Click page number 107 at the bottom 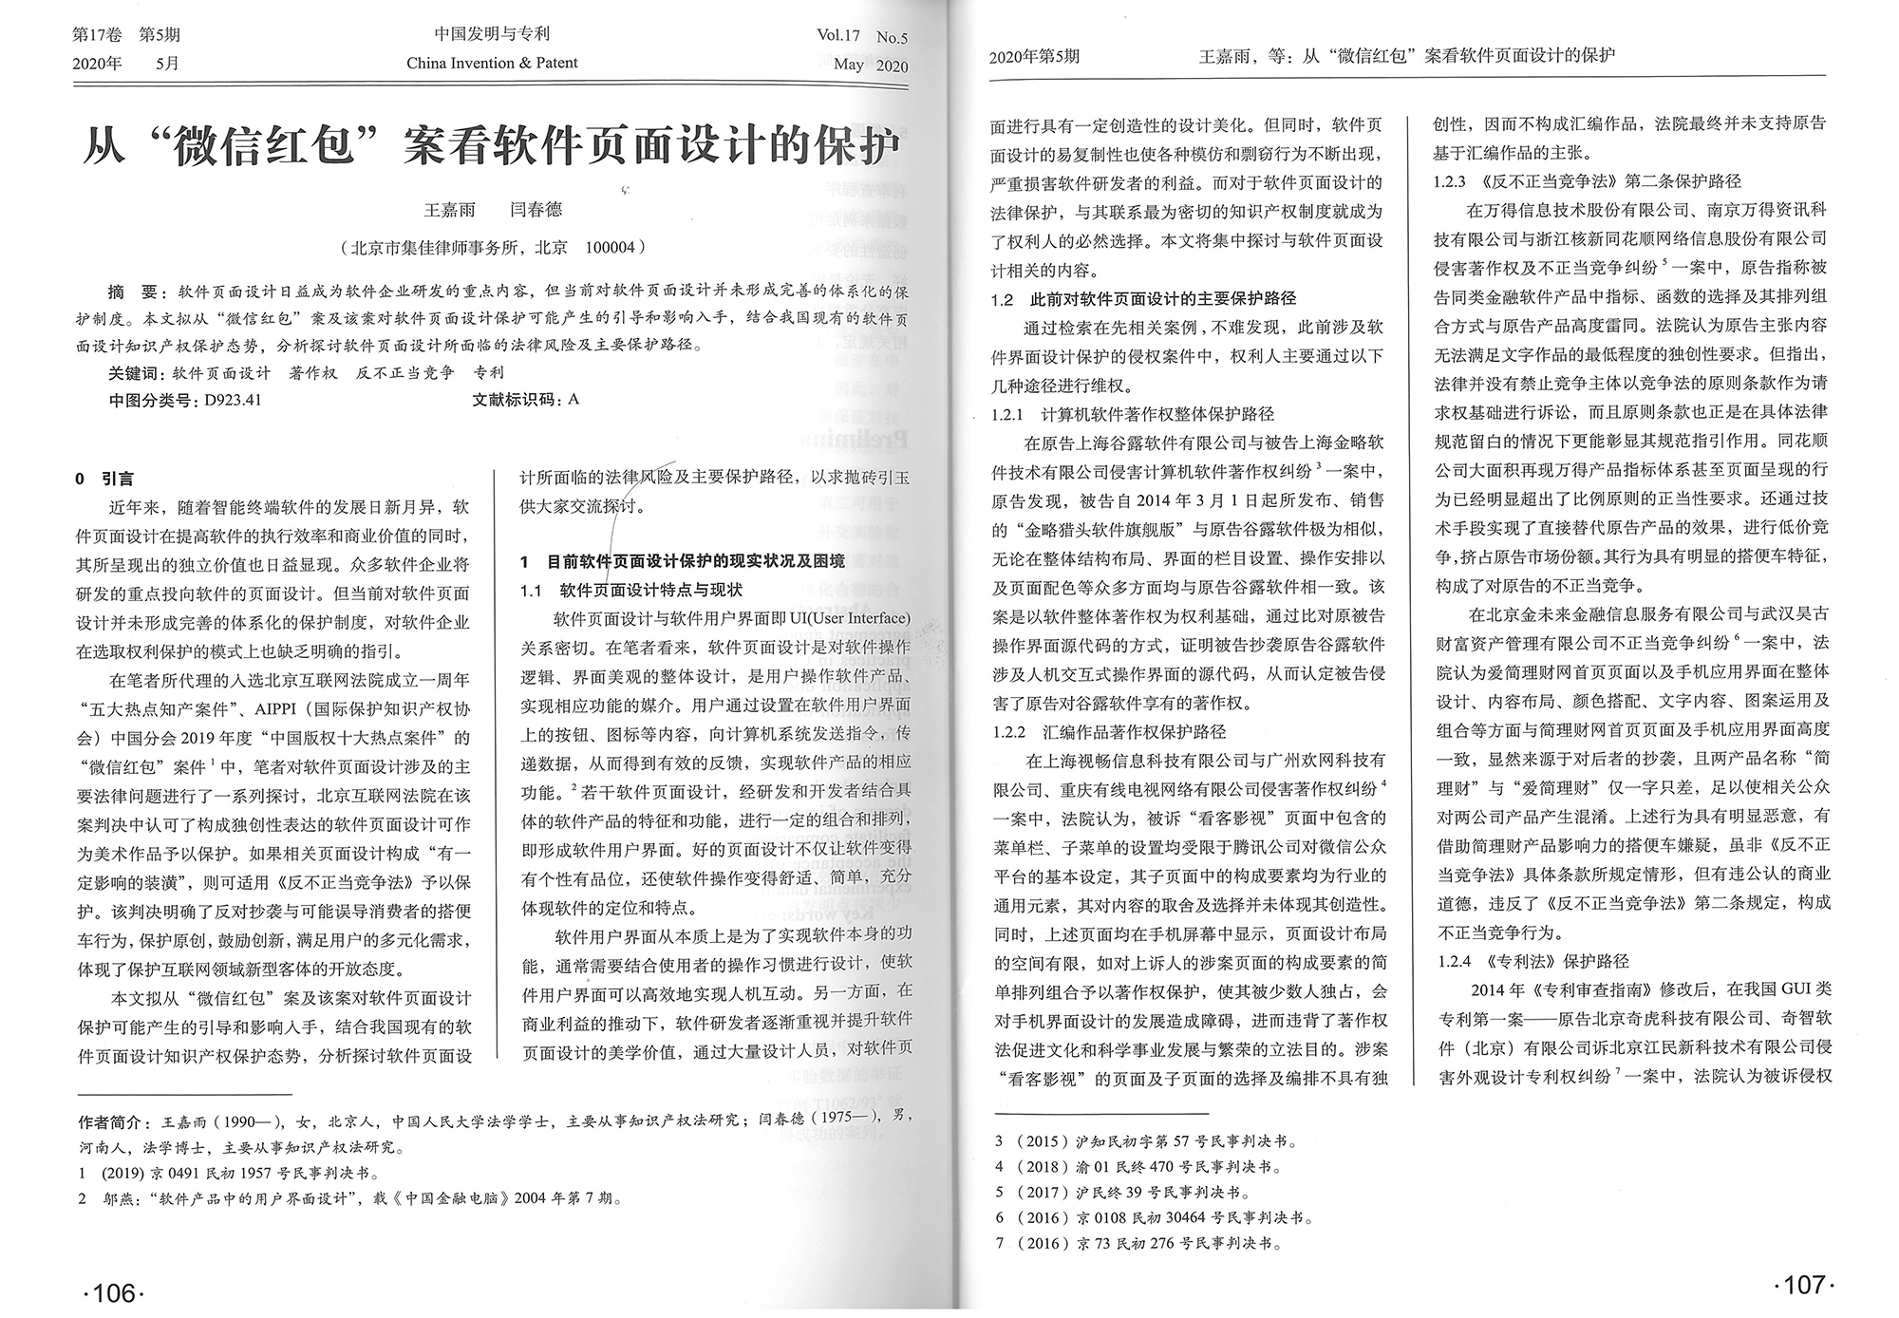point(1803,1285)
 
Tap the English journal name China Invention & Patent point(492,64)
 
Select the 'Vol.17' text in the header point(838,36)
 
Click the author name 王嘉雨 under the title point(449,210)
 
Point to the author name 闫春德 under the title point(536,210)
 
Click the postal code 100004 point(610,248)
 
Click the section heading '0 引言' point(104,479)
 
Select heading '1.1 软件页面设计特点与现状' point(630,590)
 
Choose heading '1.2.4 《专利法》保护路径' point(1532,961)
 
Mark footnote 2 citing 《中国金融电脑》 point(351,1198)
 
